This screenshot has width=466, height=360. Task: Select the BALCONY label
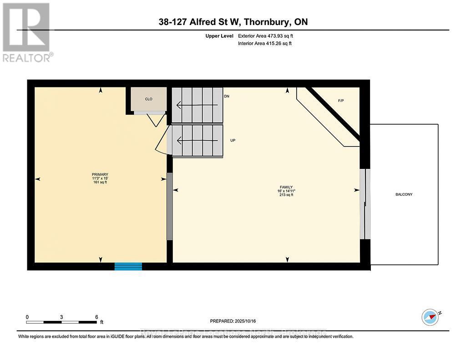coord(404,194)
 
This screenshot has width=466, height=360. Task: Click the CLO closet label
coord(148,99)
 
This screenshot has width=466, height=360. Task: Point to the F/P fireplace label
coord(341,101)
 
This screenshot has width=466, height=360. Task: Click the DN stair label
coord(227,96)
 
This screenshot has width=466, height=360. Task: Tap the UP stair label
coord(233,140)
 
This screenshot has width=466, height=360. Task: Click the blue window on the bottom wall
coord(128,266)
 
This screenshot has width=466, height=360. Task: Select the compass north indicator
coord(430,316)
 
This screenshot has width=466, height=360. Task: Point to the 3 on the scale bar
coord(61,317)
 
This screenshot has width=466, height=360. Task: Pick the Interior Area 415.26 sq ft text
coord(265,44)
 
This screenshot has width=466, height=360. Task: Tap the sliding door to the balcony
coord(365,204)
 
